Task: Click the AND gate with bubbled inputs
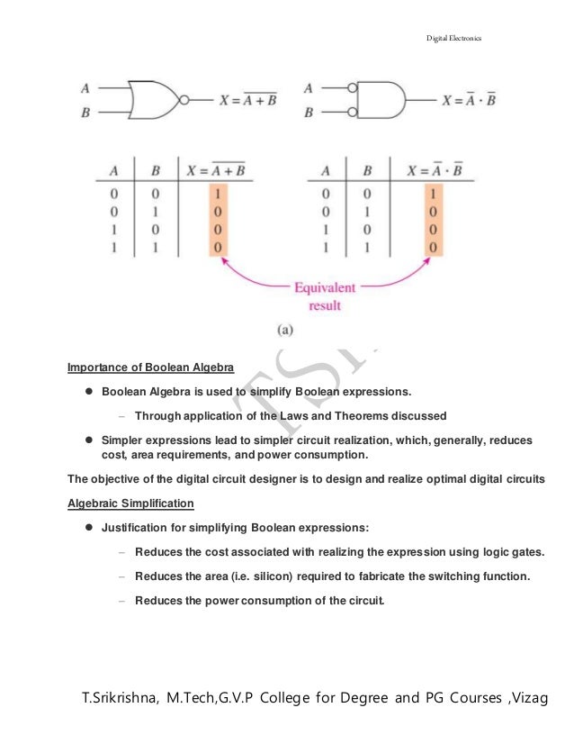[381, 100]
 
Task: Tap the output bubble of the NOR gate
[184, 100]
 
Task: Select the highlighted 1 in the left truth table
[216, 192]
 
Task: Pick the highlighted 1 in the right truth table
[433, 192]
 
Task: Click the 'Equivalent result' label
[324, 296]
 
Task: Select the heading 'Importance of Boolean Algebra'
[150, 367]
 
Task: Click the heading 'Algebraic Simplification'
[131, 503]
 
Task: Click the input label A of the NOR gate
[85, 88]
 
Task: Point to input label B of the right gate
[309, 113]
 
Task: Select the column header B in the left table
[155, 169]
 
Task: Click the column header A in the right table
[327, 169]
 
